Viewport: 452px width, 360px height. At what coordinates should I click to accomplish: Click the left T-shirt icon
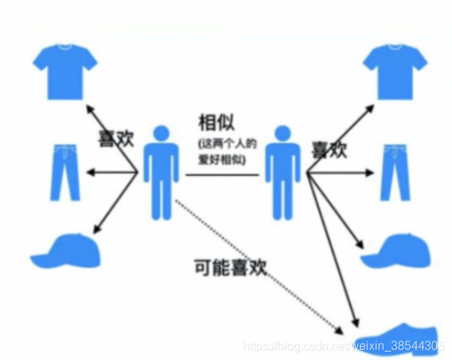66,71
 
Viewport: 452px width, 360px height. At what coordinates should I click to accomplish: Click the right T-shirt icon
399,71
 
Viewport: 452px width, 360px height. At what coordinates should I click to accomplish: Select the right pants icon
396,173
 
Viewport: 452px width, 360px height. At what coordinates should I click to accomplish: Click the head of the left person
161,134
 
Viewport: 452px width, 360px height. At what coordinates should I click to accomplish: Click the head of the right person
282,134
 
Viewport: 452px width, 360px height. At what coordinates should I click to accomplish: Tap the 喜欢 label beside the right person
329,149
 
